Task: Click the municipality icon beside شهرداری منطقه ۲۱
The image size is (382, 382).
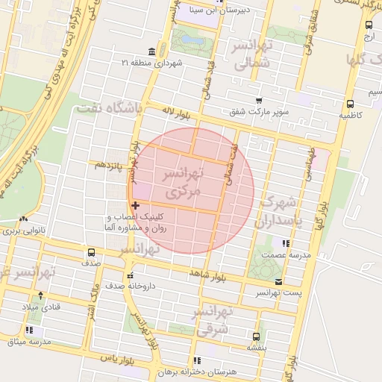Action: click(152, 51)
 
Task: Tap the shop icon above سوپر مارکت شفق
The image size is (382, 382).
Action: click(259, 101)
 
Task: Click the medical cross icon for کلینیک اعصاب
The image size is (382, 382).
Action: click(135, 205)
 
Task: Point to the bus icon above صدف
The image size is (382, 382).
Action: click(92, 251)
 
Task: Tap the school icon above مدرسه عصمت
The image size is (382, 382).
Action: click(284, 242)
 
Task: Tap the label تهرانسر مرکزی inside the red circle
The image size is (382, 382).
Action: click(184, 183)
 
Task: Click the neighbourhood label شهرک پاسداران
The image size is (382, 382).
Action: click(280, 212)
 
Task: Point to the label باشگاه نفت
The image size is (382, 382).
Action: click(109, 109)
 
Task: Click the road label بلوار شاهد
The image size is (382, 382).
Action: click(206, 275)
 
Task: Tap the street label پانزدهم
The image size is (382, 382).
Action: click(107, 164)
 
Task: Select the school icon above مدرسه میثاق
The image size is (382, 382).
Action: click(29, 330)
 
